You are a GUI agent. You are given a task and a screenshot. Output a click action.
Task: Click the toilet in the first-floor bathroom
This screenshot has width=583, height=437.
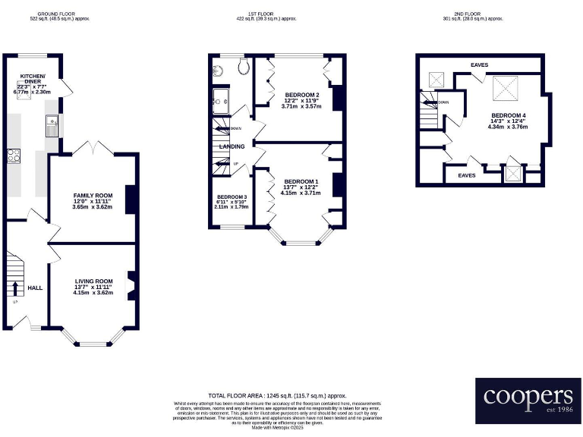(x=243, y=68)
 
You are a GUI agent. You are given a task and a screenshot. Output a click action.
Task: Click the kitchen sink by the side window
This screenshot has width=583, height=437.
(x=52, y=121)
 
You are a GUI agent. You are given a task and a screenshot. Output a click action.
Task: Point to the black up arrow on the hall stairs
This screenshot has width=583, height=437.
(x=14, y=288)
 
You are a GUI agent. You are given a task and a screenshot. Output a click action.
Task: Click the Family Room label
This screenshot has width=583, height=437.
(x=92, y=196)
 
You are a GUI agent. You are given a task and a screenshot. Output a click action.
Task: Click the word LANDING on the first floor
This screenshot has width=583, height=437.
(x=232, y=146)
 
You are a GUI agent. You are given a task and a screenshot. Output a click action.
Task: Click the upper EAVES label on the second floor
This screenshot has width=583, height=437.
(x=479, y=65)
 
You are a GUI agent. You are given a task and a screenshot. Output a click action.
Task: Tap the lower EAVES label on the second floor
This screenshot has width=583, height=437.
(x=467, y=175)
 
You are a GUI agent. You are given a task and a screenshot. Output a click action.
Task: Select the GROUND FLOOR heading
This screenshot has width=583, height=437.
(x=59, y=14)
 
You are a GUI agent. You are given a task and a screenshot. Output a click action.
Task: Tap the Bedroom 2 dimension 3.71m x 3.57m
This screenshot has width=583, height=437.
(x=301, y=107)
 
